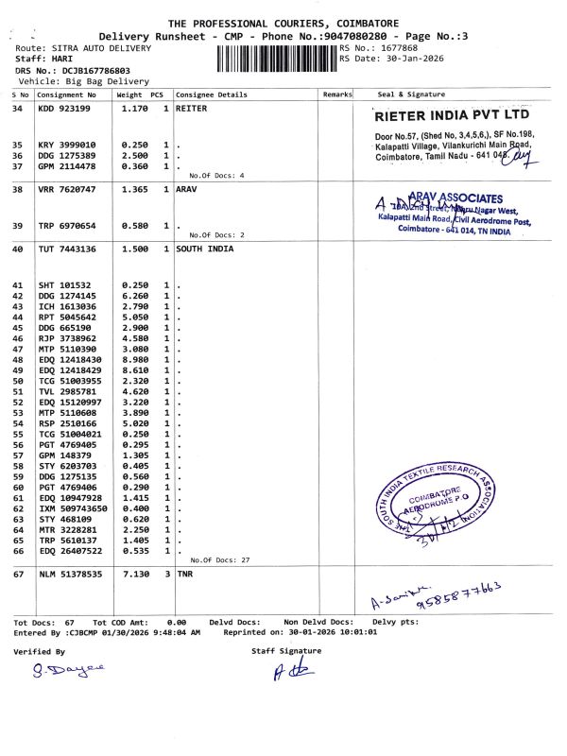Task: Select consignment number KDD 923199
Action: click(64, 109)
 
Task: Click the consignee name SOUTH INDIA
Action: click(204, 249)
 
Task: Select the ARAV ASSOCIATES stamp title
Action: click(456, 197)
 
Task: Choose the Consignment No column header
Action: click(66, 94)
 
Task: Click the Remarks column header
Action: click(337, 94)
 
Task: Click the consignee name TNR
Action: click(184, 574)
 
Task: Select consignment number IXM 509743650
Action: click(73, 508)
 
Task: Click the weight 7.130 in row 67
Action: click(135, 574)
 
